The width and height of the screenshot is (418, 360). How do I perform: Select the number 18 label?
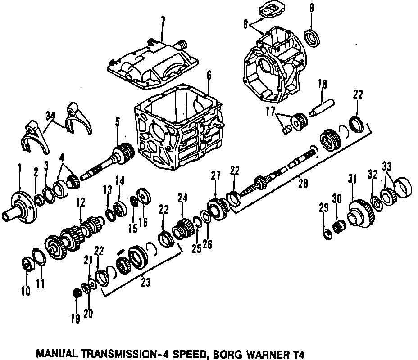pos(323,84)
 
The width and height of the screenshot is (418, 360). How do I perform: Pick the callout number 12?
pos(81,203)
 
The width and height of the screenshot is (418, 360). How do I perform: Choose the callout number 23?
pos(145,283)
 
